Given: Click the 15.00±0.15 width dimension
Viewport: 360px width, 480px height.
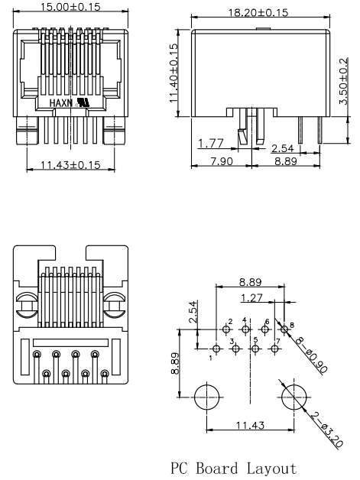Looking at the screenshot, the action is point(70,7).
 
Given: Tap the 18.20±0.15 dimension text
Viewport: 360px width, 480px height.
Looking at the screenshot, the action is point(258,12).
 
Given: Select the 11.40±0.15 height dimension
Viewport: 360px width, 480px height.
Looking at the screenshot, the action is point(174,73).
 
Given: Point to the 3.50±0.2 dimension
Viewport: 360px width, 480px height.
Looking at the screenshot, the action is point(344,81).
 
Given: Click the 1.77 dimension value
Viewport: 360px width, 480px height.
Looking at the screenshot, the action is point(211,143).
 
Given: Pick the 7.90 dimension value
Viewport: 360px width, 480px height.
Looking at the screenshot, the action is point(222,161).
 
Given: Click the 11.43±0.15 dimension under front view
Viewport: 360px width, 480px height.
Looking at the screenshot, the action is point(70,165).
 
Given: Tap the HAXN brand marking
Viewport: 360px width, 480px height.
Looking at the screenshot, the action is point(61,103).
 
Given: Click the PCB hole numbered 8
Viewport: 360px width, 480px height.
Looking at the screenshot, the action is point(284,329).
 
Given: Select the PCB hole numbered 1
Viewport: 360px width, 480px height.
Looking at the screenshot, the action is point(216,349).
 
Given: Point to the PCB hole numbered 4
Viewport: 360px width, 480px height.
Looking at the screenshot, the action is point(245,329).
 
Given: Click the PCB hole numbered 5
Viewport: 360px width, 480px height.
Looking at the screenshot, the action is point(255,349).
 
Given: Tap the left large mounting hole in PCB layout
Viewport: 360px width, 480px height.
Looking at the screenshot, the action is point(207,397).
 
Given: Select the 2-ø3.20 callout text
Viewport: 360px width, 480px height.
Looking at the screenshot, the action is point(326,430).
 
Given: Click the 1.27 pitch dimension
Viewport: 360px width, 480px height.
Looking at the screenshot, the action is point(251,298).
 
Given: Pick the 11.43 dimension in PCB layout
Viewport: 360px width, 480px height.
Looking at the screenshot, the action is point(250,425).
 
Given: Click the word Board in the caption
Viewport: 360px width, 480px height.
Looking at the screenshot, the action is point(217,469).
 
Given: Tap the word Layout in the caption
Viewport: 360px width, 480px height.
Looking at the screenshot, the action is point(271,469).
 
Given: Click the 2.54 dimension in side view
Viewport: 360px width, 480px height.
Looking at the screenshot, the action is point(283,148).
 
